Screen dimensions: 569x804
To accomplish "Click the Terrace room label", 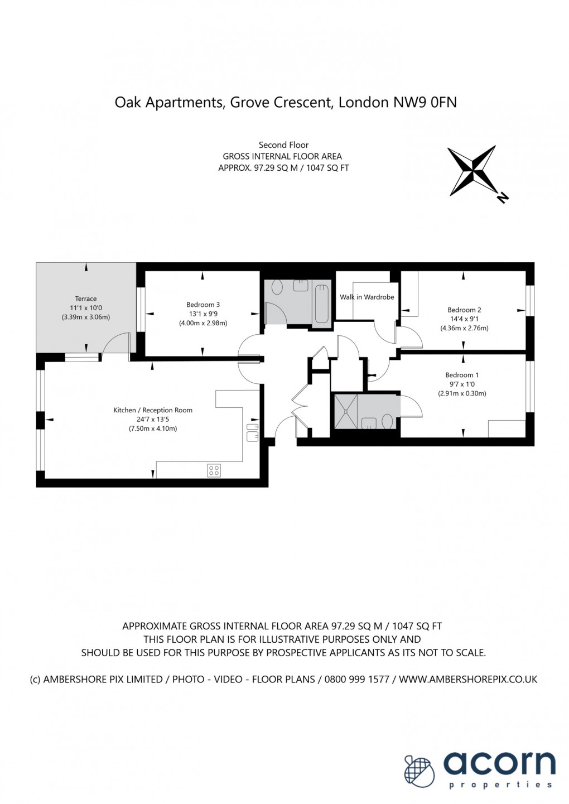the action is coord(86,299).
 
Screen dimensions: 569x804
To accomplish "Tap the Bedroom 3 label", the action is coord(203,305).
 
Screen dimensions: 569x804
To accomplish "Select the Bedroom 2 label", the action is coord(464,310).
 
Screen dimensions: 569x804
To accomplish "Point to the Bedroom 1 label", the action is coord(462,375).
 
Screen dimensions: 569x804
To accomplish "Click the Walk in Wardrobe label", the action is coord(367,297).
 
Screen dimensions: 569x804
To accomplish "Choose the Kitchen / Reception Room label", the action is coord(153,410).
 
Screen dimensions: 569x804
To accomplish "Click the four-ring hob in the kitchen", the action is coord(214,470).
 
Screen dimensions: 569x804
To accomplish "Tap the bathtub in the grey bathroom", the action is coord(321,305).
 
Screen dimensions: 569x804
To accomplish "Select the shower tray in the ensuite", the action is coord(346,412).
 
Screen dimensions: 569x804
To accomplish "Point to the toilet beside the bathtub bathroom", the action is coord(277,287).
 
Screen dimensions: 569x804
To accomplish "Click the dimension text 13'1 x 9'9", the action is coord(203,314).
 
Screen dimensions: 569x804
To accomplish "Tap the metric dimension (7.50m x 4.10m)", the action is coord(153,429).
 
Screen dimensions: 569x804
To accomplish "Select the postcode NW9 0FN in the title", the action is coord(425,103).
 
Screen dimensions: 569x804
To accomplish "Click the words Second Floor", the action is coord(283,145).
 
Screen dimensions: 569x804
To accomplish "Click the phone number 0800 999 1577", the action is coord(356,680).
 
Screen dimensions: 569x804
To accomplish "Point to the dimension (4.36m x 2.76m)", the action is coord(464,328).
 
